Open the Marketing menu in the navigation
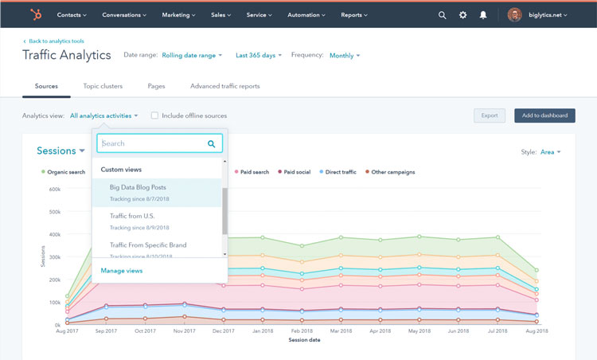(179, 14)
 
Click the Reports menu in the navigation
(354, 14)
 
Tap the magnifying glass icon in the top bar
(443, 14)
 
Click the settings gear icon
(463, 14)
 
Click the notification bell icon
(483, 14)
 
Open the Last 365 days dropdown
(259, 56)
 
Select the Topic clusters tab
(102, 86)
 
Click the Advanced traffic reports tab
(224, 86)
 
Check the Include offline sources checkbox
(154, 115)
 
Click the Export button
(490, 115)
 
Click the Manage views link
(122, 271)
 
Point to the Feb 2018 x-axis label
(301, 331)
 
